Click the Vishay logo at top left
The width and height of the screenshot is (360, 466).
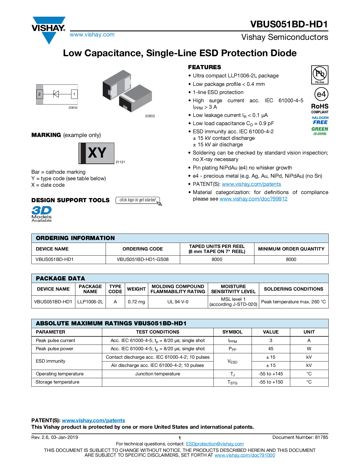coord(49,29)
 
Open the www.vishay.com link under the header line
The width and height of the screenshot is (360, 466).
coord(92,35)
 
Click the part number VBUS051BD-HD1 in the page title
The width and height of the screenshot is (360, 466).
coord(289,24)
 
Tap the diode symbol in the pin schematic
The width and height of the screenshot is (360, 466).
coord(56,94)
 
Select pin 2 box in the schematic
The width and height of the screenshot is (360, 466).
coord(40,94)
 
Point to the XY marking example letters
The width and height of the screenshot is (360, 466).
coord(97,153)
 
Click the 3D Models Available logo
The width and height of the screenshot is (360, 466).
coord(42,214)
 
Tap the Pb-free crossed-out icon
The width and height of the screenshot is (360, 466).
coord(320,74)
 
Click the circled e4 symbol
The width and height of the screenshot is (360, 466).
coord(321,94)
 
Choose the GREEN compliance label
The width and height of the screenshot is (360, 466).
coord(320,129)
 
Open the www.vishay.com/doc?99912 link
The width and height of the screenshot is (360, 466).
coord(253,199)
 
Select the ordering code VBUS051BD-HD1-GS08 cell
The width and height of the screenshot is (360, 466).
coord(143,260)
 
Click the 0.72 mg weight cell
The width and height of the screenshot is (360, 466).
coord(136,302)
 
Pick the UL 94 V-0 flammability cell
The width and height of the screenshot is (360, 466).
coord(178,302)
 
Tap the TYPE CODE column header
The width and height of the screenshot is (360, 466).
coord(115,289)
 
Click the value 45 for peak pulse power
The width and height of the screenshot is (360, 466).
coord(271,349)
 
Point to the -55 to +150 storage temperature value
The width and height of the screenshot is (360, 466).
coord(271,382)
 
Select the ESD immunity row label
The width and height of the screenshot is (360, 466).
coord(51,361)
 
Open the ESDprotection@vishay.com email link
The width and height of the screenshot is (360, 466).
coord(215,444)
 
